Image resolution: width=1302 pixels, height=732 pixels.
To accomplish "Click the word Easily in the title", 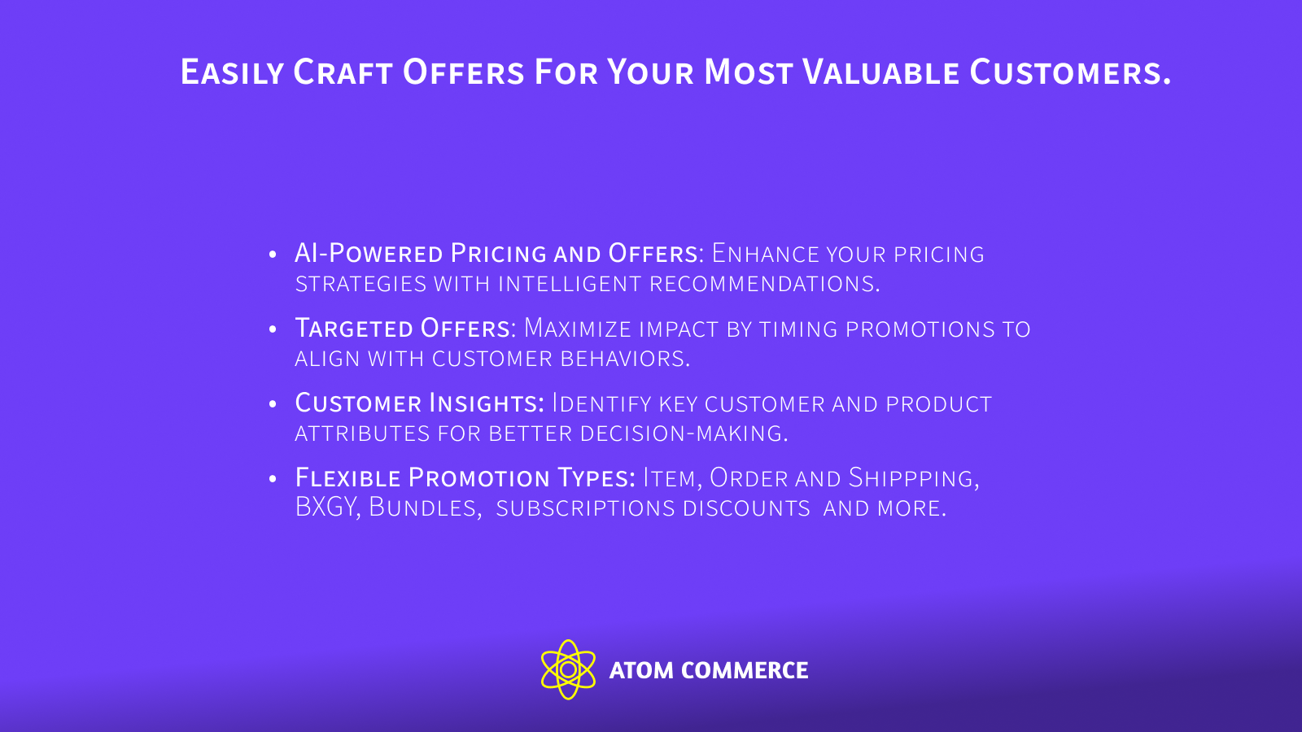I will click(x=232, y=72).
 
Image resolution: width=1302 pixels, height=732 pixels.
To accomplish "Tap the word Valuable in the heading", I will click(x=881, y=72).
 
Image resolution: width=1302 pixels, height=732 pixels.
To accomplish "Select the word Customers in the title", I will click(x=1069, y=72).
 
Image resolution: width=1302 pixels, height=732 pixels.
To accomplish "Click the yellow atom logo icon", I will click(x=568, y=669).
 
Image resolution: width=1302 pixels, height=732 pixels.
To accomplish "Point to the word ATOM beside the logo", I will click(x=641, y=670).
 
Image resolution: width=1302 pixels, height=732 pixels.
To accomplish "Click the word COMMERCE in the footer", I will click(x=745, y=670).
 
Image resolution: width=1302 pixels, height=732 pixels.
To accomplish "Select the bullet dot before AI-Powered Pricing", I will click(x=273, y=255).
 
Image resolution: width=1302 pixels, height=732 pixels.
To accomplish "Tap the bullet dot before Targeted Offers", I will click(x=273, y=329).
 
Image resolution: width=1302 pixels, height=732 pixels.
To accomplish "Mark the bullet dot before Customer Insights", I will click(x=273, y=404).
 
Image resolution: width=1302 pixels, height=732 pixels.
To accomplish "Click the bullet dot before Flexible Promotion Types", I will click(x=273, y=478).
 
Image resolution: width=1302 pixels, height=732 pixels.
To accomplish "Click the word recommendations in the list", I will click(x=764, y=284).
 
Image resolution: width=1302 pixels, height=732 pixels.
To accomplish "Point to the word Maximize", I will click(x=578, y=329).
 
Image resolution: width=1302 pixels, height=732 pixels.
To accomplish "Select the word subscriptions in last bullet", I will click(x=585, y=508).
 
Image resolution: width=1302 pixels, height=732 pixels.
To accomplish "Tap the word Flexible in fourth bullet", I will click(x=348, y=477).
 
